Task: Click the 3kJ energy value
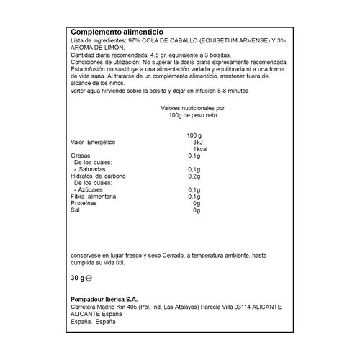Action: (194, 142)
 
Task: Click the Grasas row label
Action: (80, 156)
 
